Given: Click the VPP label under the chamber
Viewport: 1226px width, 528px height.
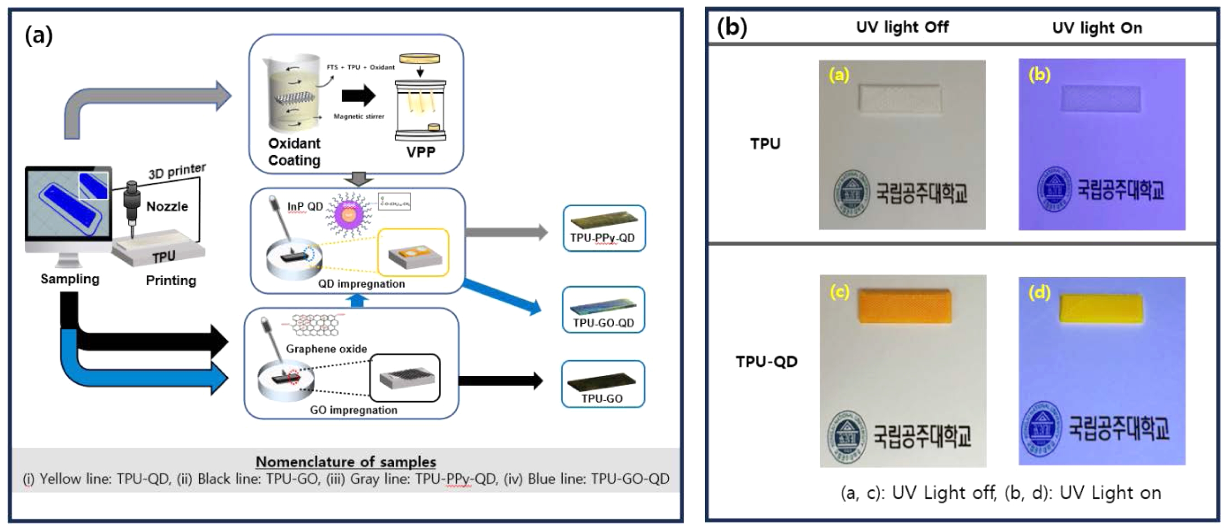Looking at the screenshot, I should pos(420,152).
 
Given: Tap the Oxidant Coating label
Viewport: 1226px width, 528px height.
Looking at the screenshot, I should pos(294,151).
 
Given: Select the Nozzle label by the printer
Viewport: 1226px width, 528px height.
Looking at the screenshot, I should pos(167,206).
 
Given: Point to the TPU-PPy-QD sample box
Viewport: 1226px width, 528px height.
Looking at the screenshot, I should pos(604,228).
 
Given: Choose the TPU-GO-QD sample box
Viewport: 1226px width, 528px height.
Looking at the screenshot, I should pos(603,309).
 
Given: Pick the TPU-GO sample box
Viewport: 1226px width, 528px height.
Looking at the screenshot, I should pos(603,384).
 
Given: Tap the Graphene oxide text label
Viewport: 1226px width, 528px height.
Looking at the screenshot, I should pos(326,349).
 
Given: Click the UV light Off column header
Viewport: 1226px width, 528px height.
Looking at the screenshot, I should pos(902,27).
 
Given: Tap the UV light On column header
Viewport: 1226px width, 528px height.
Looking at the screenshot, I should pos(1096,28).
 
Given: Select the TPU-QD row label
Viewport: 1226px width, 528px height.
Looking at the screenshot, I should pos(766,362).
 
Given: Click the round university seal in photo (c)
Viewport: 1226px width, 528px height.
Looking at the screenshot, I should pos(847,437).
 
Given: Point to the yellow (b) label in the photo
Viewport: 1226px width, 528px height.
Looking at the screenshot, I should pos(1039,75).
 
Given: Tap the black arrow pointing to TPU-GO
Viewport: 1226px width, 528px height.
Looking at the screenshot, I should pos(500,381).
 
